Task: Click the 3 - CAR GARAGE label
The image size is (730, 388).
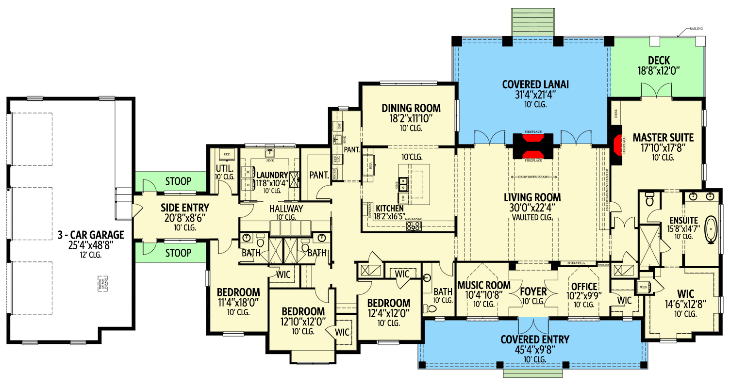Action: click(90, 235)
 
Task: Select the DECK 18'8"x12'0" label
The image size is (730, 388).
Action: click(659, 61)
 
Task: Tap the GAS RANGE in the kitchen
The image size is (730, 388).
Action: click(414, 226)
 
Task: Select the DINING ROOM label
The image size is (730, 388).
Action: click(411, 108)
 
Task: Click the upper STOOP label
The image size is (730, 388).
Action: click(178, 182)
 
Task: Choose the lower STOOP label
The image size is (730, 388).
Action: click(178, 253)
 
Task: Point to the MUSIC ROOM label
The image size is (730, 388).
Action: click(484, 285)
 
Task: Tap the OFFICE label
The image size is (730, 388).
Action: click(584, 286)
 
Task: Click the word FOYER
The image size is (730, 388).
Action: click(533, 292)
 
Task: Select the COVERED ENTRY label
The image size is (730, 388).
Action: click(535, 339)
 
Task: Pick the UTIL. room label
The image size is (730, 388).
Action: click(225, 168)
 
